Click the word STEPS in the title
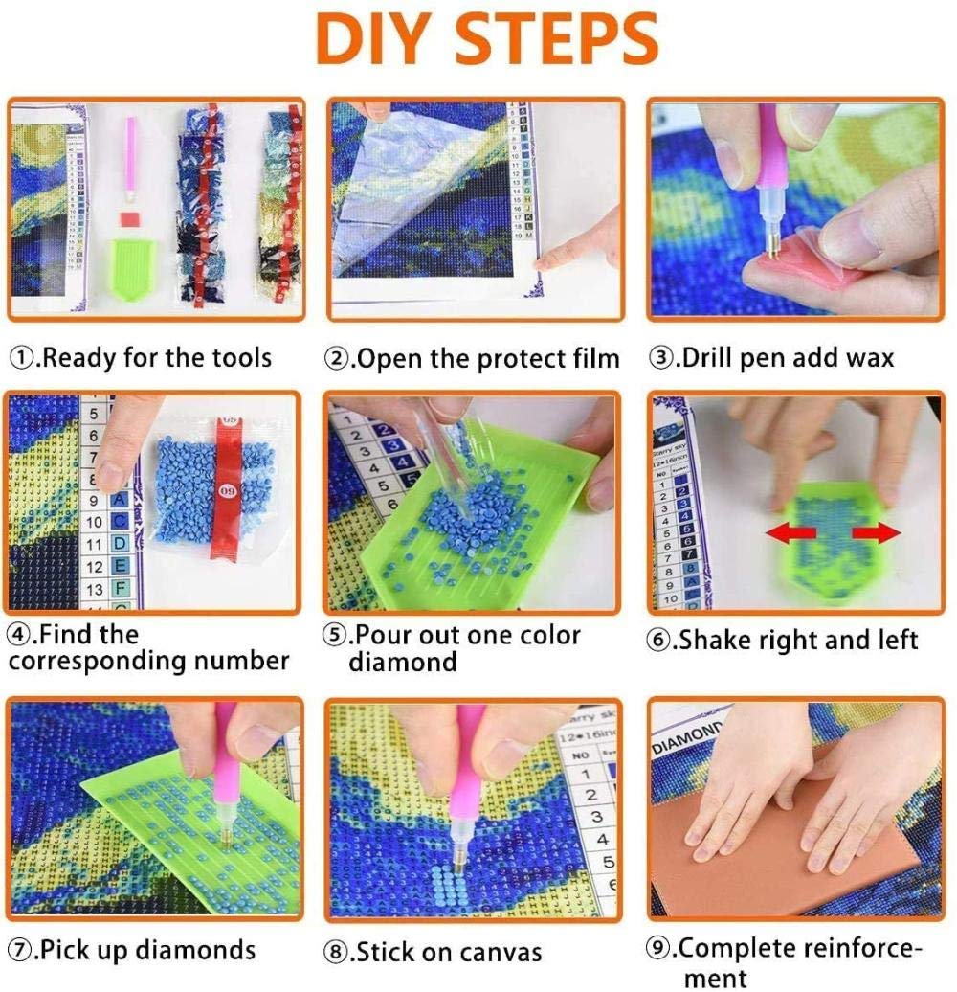pyautogui.click(x=556, y=39)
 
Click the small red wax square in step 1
pyautogui.click(x=129, y=219)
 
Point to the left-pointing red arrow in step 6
pyautogui.click(x=790, y=532)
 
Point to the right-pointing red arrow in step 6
pyautogui.click(x=876, y=532)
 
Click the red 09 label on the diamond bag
pyautogui.click(x=228, y=489)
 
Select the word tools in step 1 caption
pyautogui.click(x=241, y=357)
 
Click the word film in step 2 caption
pyautogui.click(x=596, y=358)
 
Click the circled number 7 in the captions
pyautogui.click(x=19, y=950)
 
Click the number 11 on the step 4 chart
pyautogui.click(x=94, y=544)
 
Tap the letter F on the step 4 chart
pyautogui.click(x=120, y=589)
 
